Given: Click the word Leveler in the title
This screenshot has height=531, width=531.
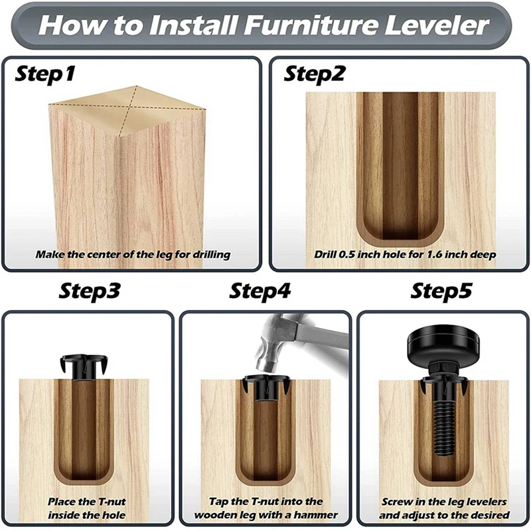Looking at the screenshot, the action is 437,25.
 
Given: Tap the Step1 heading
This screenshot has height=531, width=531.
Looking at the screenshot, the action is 45,74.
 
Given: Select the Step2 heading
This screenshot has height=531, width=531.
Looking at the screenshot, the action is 314,74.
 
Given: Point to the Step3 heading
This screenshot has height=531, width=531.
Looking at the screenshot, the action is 90,291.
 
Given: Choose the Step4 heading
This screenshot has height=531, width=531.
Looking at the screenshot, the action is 260,291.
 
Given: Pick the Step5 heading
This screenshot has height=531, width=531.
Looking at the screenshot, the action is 441,291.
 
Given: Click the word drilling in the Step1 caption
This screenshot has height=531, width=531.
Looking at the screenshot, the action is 211,255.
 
